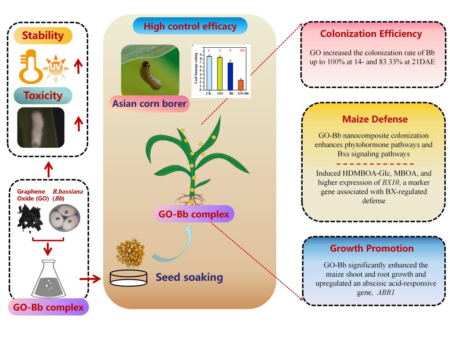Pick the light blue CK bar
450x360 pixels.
(209, 73)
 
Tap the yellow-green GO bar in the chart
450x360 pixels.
(220, 74)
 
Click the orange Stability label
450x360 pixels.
(43, 36)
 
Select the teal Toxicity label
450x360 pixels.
(43, 95)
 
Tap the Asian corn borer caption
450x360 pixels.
(149, 104)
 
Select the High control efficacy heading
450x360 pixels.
(190, 26)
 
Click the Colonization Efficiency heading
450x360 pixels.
(371, 34)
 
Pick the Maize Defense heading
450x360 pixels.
(375, 119)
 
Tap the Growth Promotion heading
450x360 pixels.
(372, 248)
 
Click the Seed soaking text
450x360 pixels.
(189, 277)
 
